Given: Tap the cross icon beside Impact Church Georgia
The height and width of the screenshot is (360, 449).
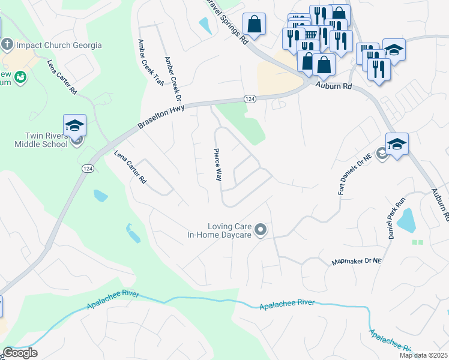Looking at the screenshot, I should pyautogui.click(x=7, y=44).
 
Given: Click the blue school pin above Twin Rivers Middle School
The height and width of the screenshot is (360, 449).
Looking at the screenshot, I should pyautogui.click(x=75, y=125).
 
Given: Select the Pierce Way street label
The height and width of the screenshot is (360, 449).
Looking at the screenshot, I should pyautogui.click(x=218, y=165).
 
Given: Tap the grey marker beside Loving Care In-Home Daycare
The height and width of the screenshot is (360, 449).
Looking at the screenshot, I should pyautogui.click(x=261, y=229).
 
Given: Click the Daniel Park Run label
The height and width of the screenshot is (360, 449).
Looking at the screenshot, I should pyautogui.click(x=397, y=219).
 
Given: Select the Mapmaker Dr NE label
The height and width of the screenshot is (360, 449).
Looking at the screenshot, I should pyautogui.click(x=357, y=262).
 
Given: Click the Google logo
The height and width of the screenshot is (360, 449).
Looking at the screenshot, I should pyautogui.click(x=19, y=353).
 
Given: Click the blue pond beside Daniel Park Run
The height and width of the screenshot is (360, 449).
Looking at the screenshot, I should pyautogui.click(x=408, y=220).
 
